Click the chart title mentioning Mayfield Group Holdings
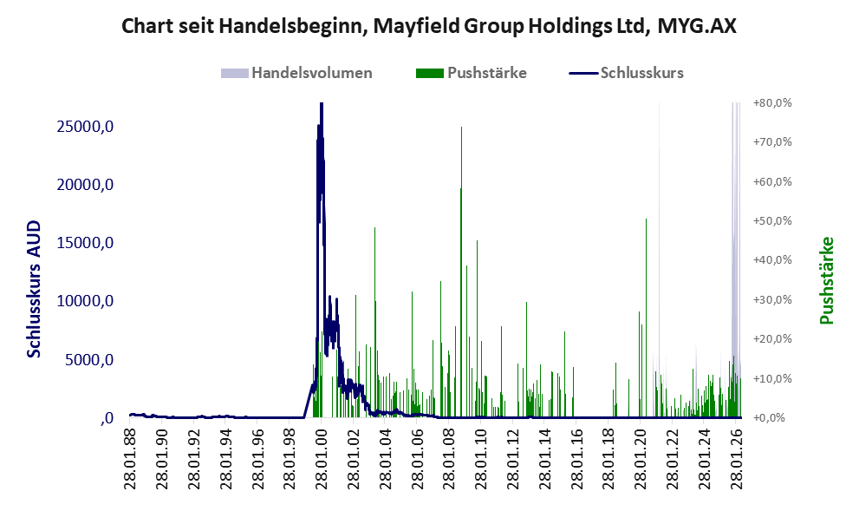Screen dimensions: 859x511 coord(429,26)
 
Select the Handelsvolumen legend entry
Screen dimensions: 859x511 coord(296,73)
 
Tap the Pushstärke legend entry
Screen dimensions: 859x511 coord(472,73)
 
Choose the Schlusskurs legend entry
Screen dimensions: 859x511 coord(626,73)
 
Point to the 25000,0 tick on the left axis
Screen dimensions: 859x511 coord(85,126)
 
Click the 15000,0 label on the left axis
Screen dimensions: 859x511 coord(85,242)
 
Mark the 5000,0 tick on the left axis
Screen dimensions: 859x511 coord(88,360)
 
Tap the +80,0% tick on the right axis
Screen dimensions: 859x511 coord(772,102)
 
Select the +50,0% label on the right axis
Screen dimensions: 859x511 coord(772,220)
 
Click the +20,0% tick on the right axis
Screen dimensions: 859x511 coord(772,339)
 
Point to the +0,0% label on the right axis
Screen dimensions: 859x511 coord(772,418)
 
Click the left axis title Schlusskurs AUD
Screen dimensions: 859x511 coord(34,289)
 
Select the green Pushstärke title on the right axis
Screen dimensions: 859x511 coord(826,280)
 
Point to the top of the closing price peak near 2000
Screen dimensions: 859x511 coord(322,103)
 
